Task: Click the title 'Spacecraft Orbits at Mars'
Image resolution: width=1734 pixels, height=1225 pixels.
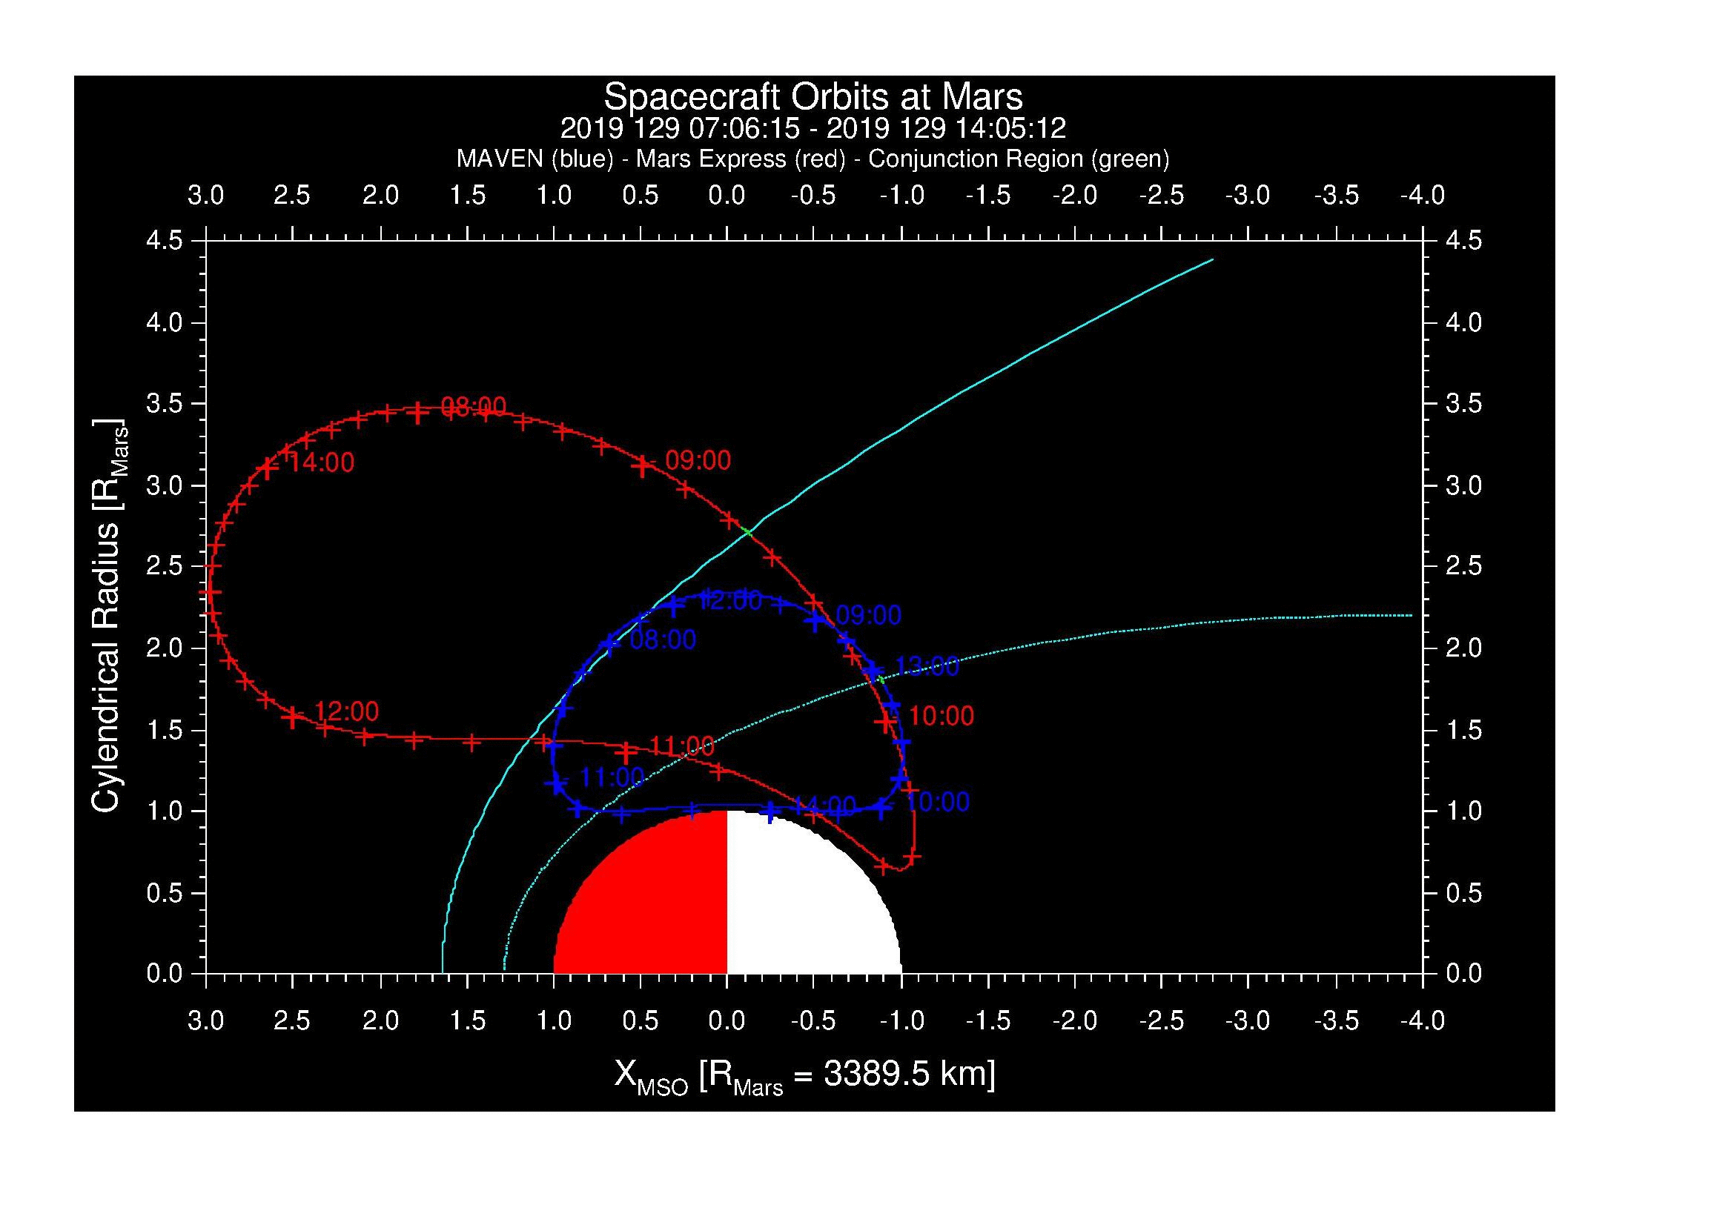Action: tap(813, 96)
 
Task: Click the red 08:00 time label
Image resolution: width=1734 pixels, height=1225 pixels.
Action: tap(473, 407)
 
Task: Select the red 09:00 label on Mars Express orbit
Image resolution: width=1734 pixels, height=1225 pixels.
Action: tap(698, 459)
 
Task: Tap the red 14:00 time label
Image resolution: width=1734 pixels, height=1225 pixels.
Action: tap(321, 462)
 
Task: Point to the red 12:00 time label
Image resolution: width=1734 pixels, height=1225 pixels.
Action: tap(346, 711)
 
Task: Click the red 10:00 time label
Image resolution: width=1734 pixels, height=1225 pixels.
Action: tap(941, 716)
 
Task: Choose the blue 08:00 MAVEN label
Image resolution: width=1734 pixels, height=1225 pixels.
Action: tap(662, 640)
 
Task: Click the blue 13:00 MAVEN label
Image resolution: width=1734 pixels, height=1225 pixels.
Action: tap(927, 666)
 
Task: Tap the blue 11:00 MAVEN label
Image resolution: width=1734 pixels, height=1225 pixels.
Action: tap(612, 777)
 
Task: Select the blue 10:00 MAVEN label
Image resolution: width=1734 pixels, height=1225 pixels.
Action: tap(936, 802)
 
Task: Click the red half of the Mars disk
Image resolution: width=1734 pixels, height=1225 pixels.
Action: tap(649, 906)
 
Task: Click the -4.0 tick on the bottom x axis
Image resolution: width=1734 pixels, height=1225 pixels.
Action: tap(1422, 1020)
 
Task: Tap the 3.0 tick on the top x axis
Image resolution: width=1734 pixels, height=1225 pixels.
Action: tap(205, 196)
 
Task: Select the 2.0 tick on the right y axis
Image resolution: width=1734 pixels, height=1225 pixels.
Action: tap(1463, 648)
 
